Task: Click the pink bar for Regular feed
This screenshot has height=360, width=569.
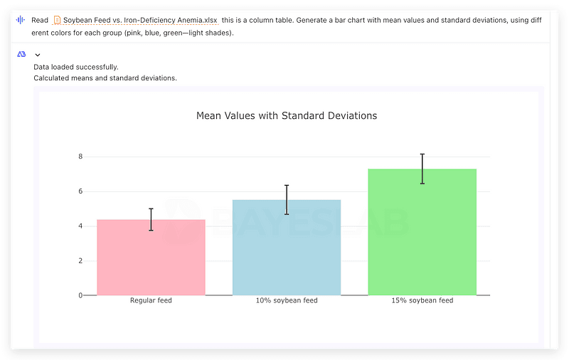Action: point(151,258)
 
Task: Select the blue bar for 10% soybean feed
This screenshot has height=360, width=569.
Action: point(287,248)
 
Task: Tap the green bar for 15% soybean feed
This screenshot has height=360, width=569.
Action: point(422,232)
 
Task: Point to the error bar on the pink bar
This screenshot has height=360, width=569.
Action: point(151,220)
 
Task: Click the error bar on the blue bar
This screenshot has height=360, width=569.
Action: point(287,200)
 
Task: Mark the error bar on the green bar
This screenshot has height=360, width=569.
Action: point(422,169)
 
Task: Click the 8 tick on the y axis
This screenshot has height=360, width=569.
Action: point(80,157)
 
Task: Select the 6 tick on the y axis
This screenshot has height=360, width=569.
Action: point(80,191)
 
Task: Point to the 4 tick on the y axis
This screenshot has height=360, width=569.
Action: point(80,226)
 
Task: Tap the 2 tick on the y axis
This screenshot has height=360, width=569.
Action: point(80,260)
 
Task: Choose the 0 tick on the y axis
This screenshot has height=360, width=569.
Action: point(80,295)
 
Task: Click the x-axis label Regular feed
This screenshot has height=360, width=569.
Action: point(151,300)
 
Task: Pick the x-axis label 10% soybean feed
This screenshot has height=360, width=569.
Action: point(287,300)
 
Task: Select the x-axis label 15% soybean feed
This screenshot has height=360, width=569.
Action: point(422,300)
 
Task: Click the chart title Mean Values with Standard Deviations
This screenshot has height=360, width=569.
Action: point(287,116)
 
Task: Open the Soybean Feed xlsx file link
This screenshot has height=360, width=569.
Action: point(140,21)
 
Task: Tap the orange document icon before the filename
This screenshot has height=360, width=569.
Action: point(57,20)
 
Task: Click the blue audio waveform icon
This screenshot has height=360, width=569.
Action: point(21,20)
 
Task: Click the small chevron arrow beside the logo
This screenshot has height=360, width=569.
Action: point(38,55)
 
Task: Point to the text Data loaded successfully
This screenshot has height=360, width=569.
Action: point(76,67)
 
